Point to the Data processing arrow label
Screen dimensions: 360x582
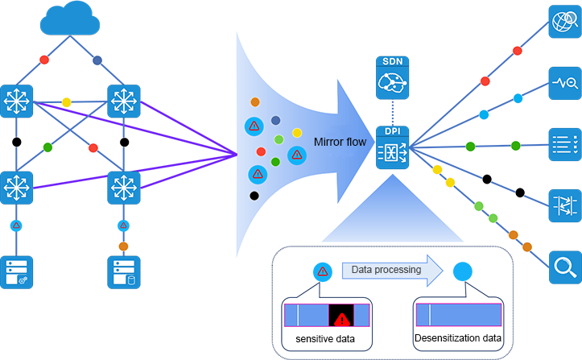pyautogui.click(x=386, y=270)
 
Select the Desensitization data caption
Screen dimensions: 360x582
pyautogui.click(x=458, y=340)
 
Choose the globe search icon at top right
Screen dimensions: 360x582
pyautogui.click(x=565, y=22)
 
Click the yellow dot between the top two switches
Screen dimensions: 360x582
pyautogui.click(x=67, y=102)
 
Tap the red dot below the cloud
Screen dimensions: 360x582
pyautogui.click(x=45, y=60)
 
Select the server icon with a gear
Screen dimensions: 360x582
pyautogui.click(x=17, y=272)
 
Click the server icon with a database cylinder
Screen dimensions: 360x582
pyautogui.click(x=124, y=272)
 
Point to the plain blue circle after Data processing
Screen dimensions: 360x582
pyautogui.click(x=462, y=271)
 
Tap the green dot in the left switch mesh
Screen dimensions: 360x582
pyautogui.click(x=47, y=147)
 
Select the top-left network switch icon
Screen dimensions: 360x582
pyautogui.click(x=17, y=101)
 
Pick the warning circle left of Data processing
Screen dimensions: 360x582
pyautogui.click(x=322, y=271)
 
